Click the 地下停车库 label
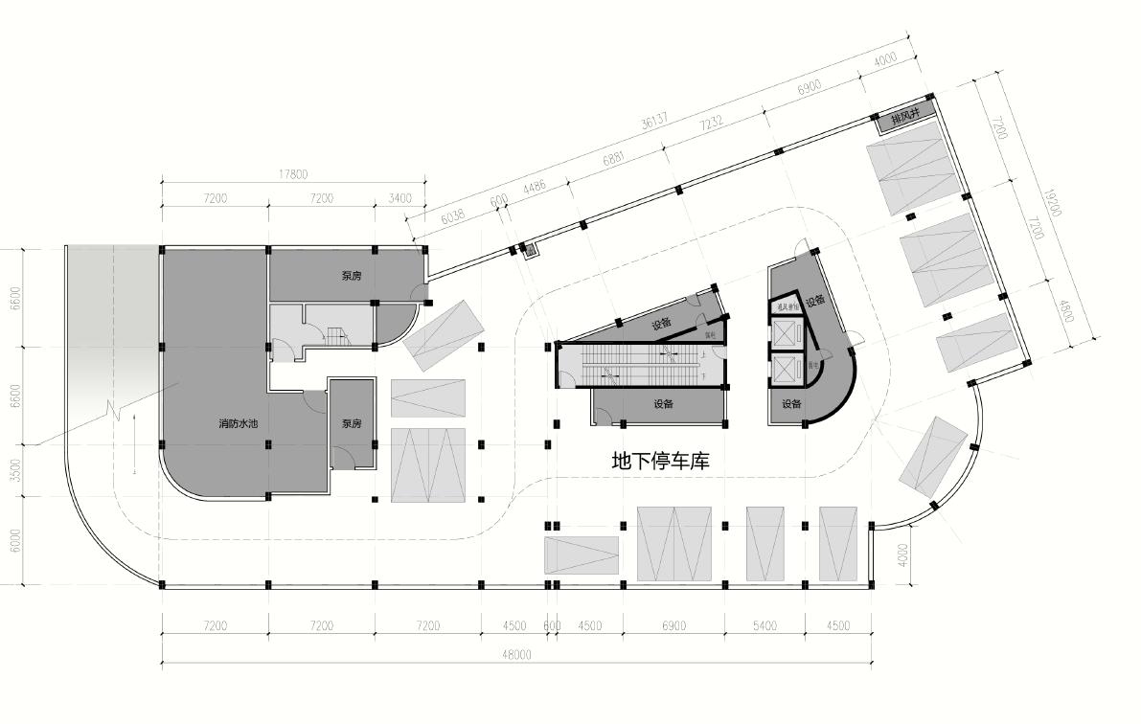pyautogui.click(x=660, y=462)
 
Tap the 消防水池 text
pyautogui.click(x=239, y=422)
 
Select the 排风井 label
pyautogui.click(x=904, y=116)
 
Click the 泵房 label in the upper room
pyautogui.click(x=352, y=276)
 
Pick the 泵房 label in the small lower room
pyautogui.click(x=352, y=423)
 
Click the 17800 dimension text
pyautogui.click(x=293, y=174)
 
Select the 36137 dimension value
pyautogui.click(x=655, y=123)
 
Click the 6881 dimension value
pyautogui.click(x=614, y=159)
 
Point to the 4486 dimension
pyautogui.click(x=535, y=186)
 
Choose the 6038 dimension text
pyautogui.click(x=452, y=216)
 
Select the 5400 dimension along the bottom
pyautogui.click(x=764, y=626)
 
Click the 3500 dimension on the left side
pyautogui.click(x=13, y=470)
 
